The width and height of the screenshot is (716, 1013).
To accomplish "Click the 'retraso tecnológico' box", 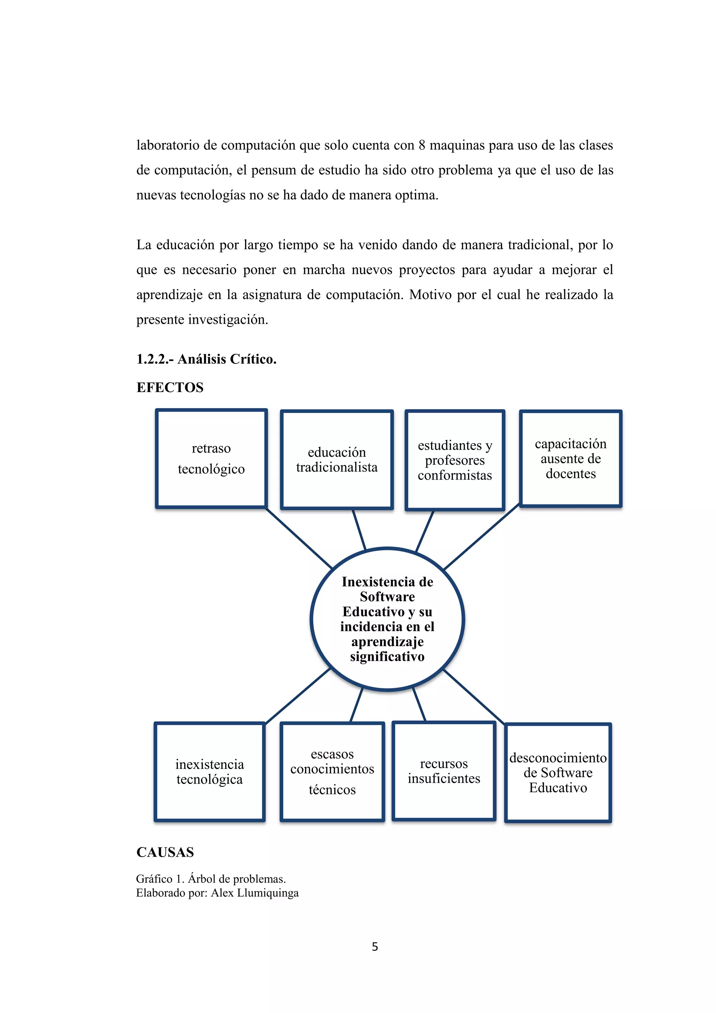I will tap(211, 459).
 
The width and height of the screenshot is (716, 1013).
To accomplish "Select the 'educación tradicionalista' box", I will tap(337, 460).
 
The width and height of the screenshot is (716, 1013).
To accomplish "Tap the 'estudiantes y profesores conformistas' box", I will tap(454, 460).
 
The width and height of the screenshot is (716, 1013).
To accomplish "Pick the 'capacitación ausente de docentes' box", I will tap(571, 459).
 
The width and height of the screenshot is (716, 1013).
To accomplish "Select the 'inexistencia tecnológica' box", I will tap(209, 772).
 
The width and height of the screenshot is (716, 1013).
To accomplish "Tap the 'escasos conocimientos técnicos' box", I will tap(332, 772).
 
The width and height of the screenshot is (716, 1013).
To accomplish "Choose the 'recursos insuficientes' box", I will tap(444, 771).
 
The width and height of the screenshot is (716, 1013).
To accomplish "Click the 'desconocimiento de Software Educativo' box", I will tap(558, 773).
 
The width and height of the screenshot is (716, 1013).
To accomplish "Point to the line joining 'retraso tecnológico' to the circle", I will tap(299, 538).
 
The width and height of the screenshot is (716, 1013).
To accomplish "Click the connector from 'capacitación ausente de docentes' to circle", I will tap(481, 537).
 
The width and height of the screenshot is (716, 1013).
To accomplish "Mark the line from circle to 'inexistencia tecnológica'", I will tap(298, 696).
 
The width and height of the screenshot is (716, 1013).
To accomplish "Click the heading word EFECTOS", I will tap(170, 387).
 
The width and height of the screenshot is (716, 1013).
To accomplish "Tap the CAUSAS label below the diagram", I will tap(165, 852).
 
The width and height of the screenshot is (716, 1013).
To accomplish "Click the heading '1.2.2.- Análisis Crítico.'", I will tap(206, 359).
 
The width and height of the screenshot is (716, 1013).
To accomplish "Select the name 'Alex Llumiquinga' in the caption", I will tap(255, 893).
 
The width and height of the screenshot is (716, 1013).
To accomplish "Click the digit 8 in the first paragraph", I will tap(422, 145).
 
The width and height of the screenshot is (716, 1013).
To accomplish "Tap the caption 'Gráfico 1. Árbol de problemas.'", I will tap(211, 879).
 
